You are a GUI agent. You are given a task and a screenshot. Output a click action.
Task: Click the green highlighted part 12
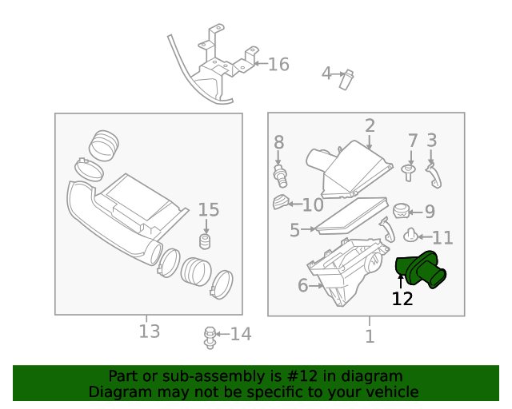tap(424, 269)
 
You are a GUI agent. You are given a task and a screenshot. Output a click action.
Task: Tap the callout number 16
tap(278, 65)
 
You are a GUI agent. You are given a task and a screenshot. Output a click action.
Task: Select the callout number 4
tap(326, 73)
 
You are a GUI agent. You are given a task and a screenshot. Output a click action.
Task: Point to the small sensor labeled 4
tap(346, 79)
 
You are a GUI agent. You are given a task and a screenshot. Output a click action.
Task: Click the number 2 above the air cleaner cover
tap(370, 125)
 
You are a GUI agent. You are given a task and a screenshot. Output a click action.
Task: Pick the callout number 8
tap(278, 142)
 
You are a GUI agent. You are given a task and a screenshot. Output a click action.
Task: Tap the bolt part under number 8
tap(281, 173)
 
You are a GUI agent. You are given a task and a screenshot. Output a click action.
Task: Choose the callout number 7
tap(413, 141)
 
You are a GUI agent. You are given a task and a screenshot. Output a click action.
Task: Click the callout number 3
tap(431, 141)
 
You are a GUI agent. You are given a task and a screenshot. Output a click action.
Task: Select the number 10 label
tap(312, 204)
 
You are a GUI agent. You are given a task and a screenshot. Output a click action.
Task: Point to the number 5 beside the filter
tap(294, 231)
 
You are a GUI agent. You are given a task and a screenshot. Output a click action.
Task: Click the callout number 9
tap(430, 212)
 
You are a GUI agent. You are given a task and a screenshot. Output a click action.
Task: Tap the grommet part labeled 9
tap(402, 211)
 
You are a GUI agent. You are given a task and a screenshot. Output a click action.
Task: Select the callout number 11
tap(442, 237)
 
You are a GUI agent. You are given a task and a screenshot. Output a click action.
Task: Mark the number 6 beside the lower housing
tap(302, 285)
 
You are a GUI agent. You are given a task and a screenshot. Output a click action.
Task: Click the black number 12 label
tap(402, 300)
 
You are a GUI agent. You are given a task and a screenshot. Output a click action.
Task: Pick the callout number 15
tap(208, 210)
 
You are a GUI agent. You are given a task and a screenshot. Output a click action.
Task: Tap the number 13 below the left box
tap(149, 331)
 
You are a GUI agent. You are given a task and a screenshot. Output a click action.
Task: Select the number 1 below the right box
tap(369, 336)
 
